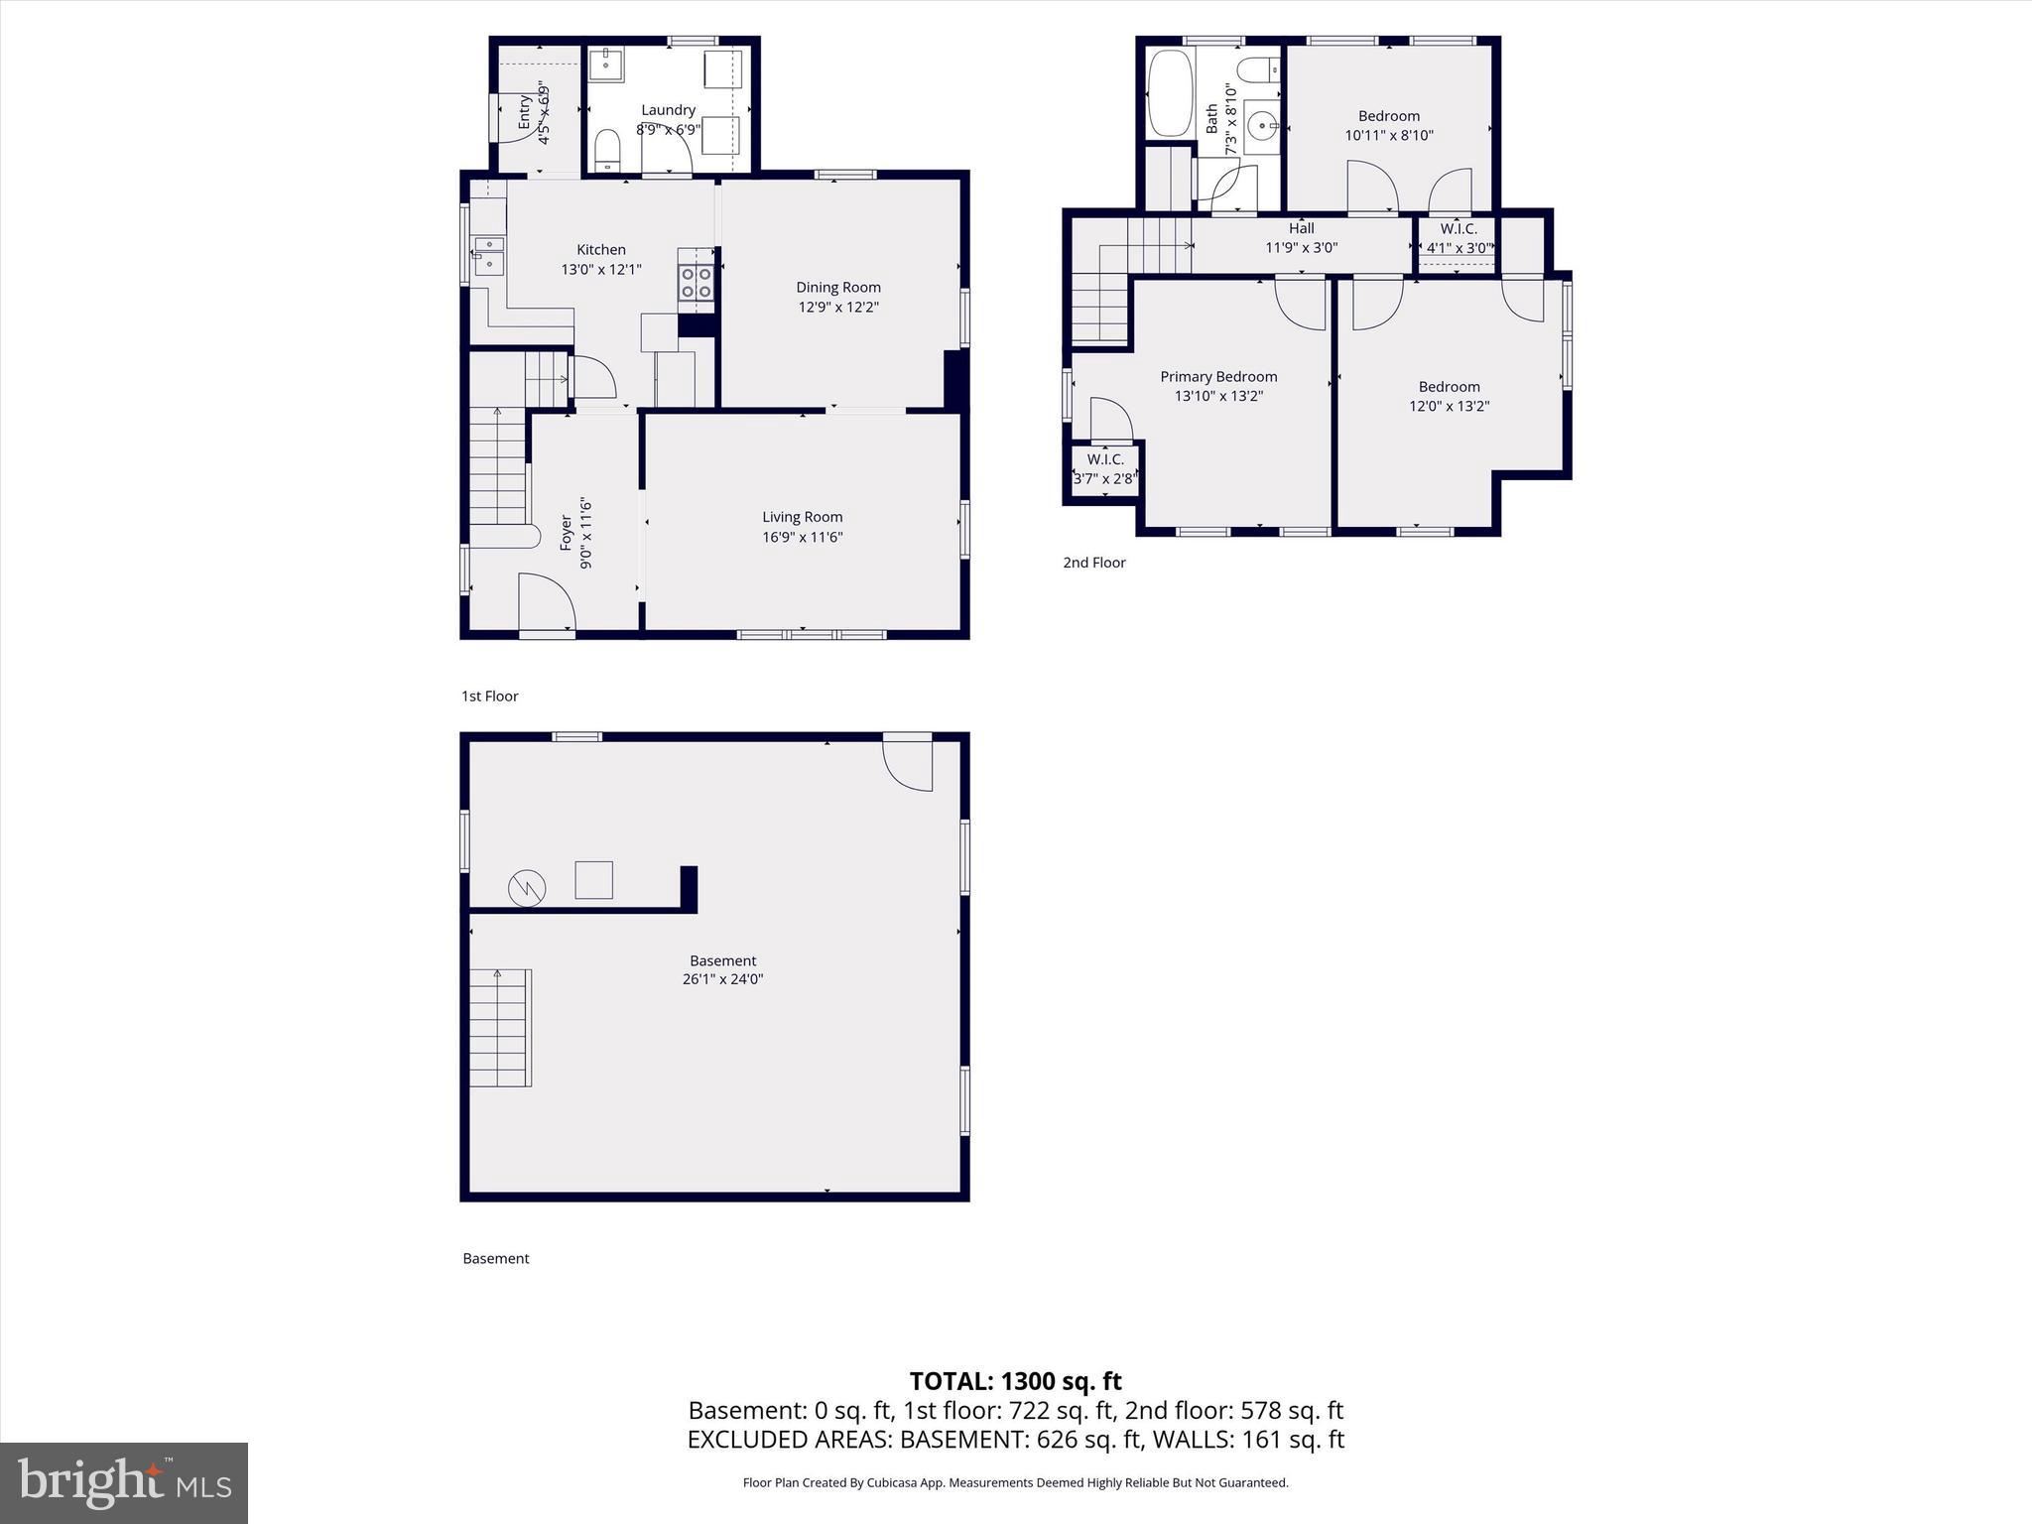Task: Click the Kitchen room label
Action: (601, 250)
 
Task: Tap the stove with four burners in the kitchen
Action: (696, 282)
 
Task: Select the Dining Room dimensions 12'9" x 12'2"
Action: (838, 308)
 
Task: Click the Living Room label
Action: (802, 517)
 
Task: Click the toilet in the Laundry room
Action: (606, 153)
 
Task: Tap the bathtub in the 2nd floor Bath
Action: (1171, 94)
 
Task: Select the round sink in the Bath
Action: (1262, 127)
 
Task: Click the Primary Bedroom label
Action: (1218, 377)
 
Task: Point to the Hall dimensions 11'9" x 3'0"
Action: (1301, 248)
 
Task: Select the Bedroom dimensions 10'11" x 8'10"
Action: (1389, 136)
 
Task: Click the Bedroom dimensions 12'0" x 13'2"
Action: (1449, 406)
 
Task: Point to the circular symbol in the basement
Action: (527, 888)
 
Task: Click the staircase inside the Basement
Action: (500, 1028)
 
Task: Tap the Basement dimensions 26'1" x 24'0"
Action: (722, 979)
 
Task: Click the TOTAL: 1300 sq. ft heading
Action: (1015, 1381)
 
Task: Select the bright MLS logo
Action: (124, 1482)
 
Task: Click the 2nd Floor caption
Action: (1093, 563)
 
